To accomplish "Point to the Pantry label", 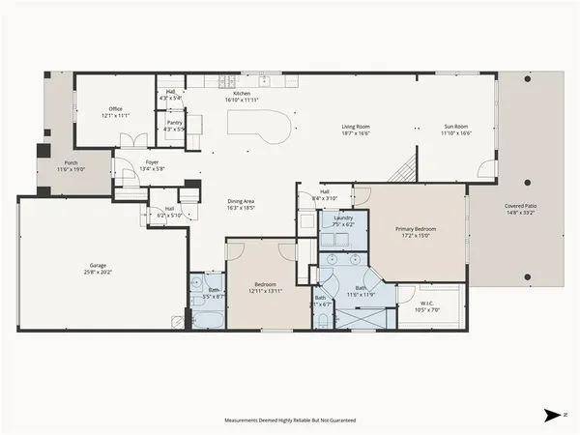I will click(x=174, y=123).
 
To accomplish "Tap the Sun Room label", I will click(x=455, y=126).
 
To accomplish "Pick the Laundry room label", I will click(x=343, y=218).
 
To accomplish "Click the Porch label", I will click(x=71, y=163).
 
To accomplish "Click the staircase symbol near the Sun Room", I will click(x=401, y=171).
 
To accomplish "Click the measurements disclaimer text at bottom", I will click(x=290, y=420).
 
